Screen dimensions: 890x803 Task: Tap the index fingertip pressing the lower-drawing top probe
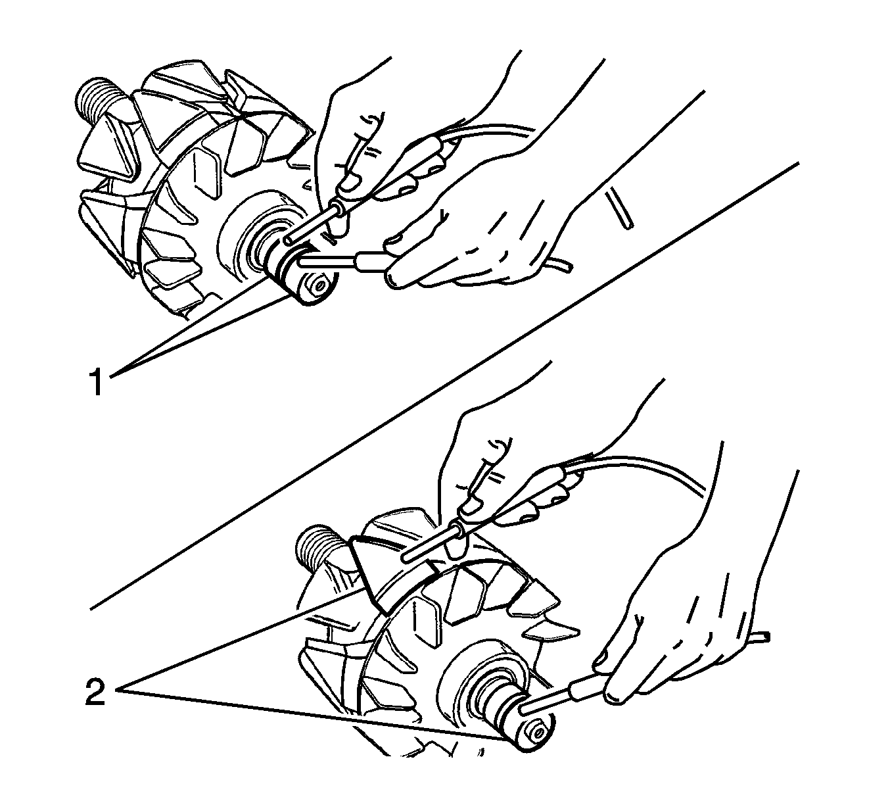[470, 505]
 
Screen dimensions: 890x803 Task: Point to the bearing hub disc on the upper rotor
[248, 235]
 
